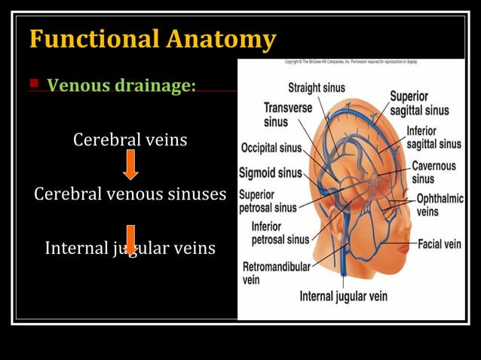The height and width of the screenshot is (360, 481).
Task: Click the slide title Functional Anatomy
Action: click(x=152, y=38)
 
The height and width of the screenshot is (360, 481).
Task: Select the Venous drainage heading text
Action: click(x=121, y=85)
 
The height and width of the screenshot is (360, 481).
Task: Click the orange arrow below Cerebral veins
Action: click(x=130, y=163)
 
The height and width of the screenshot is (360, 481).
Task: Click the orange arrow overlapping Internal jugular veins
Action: click(x=130, y=238)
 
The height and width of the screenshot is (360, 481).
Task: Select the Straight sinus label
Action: click(x=316, y=87)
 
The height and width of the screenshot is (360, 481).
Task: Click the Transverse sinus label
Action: click(x=287, y=114)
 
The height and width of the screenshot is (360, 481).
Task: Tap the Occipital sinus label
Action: click(x=271, y=147)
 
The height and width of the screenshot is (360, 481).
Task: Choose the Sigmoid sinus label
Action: click(x=270, y=172)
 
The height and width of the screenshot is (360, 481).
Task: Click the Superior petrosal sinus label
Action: click(x=268, y=200)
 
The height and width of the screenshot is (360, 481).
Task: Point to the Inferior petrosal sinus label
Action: click(x=280, y=232)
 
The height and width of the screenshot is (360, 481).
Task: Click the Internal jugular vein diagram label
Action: click(x=343, y=295)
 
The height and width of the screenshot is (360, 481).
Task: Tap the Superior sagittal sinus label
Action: click(x=418, y=103)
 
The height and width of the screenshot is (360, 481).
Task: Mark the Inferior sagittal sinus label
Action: click(x=434, y=137)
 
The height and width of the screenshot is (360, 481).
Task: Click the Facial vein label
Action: click(x=439, y=244)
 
